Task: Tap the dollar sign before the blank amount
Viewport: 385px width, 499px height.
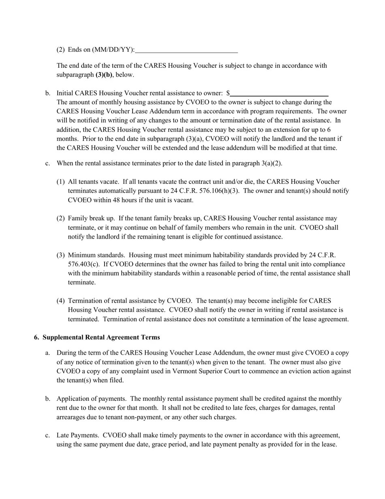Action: pyautogui.click(x=228, y=93)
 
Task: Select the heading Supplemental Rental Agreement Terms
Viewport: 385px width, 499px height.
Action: pyautogui.click(x=101, y=338)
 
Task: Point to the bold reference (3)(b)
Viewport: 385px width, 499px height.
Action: pyautogui.click(x=104, y=75)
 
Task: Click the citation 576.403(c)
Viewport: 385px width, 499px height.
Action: pyautogui.click(x=83, y=264)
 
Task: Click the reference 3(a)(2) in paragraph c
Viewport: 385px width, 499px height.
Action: pyautogui.click(x=271, y=163)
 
